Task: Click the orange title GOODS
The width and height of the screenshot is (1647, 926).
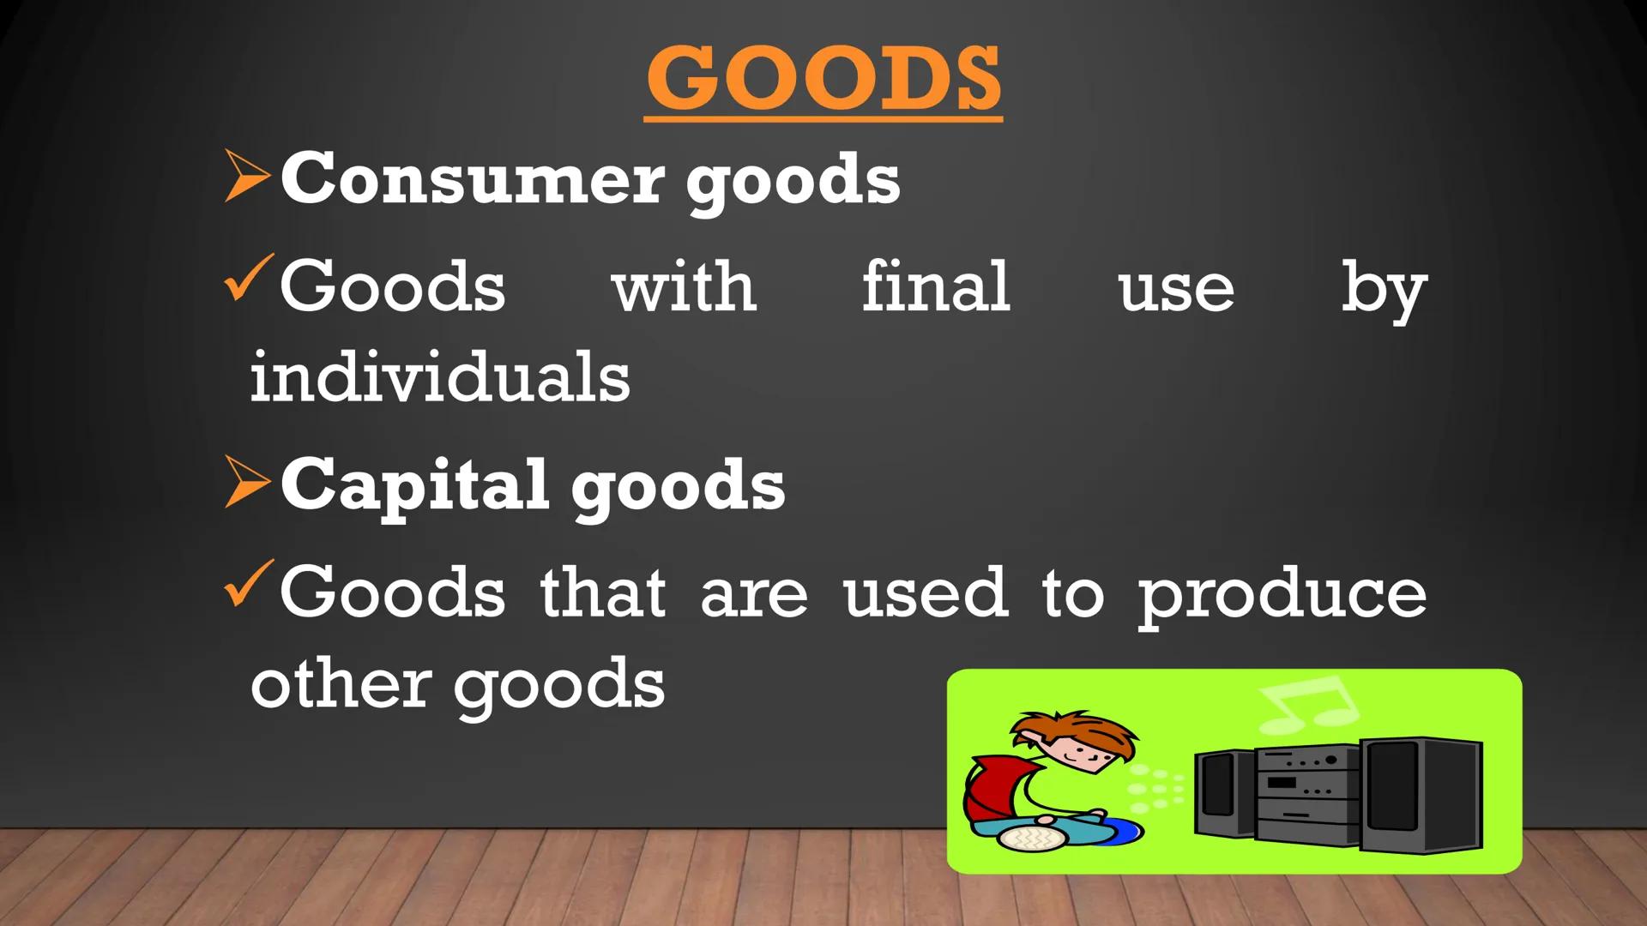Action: pos(823,79)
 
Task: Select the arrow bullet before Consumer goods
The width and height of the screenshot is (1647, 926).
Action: pos(247,177)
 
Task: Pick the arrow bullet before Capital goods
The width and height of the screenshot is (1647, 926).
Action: pos(247,482)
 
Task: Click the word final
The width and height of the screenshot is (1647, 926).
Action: pos(936,286)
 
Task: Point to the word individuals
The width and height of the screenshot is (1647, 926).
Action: pos(440,377)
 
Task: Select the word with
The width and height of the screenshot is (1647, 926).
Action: pos(684,286)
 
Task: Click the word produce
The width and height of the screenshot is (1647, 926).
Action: pos(1282,595)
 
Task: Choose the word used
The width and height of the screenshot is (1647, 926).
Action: pos(926,593)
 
